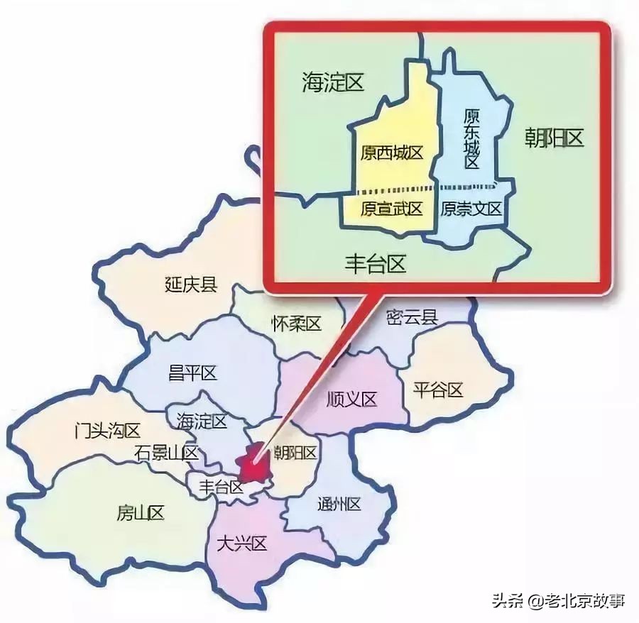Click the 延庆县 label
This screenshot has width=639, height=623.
pyautogui.click(x=190, y=285)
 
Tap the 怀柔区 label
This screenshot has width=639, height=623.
pyautogui.click(x=297, y=324)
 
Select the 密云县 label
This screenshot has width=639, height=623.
pyautogui.click(x=412, y=317)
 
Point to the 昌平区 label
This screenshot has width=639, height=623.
pyautogui.click(x=192, y=373)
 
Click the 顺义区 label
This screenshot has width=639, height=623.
pyautogui.click(x=351, y=399)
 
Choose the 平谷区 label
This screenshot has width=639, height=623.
pyautogui.click(x=438, y=390)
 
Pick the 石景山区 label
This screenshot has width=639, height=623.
pyautogui.click(x=166, y=452)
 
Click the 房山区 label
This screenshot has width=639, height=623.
pyautogui.click(x=141, y=512)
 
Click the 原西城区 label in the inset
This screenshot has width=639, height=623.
pyautogui.click(x=391, y=153)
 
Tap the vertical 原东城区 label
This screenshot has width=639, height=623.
pyautogui.click(x=471, y=138)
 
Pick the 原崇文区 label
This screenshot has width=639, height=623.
pyautogui.click(x=471, y=209)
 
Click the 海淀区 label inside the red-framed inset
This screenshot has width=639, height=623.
pyautogui.click(x=332, y=83)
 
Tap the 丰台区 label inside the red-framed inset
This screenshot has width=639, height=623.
pyautogui.click(x=375, y=265)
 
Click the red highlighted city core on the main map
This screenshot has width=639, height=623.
pyautogui.click(x=253, y=466)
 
